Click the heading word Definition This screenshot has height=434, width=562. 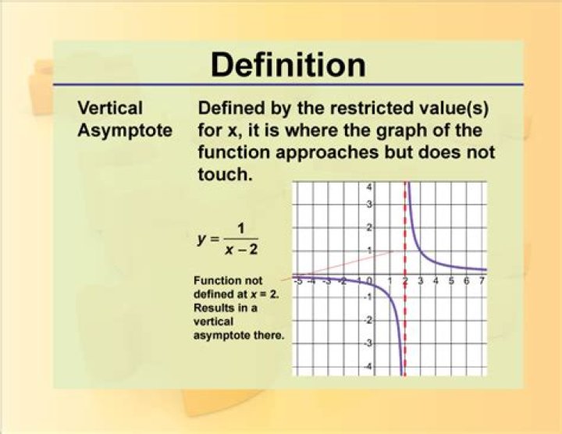289,65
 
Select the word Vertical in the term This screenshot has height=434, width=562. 110,108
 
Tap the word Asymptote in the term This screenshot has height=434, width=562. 125,131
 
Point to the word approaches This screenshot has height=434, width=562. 327,153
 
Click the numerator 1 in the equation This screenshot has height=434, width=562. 241,228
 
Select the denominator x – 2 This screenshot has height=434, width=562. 241,250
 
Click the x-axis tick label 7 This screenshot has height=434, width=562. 482,280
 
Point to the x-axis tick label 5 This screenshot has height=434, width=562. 451,280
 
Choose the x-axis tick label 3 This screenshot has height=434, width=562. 421,280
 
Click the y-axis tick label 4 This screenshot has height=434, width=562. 369,187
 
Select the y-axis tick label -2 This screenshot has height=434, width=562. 368,321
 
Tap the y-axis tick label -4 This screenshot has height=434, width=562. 368,367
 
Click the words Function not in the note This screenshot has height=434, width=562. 228,280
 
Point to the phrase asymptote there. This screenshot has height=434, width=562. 239,336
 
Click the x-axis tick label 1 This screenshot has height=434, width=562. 390,280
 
